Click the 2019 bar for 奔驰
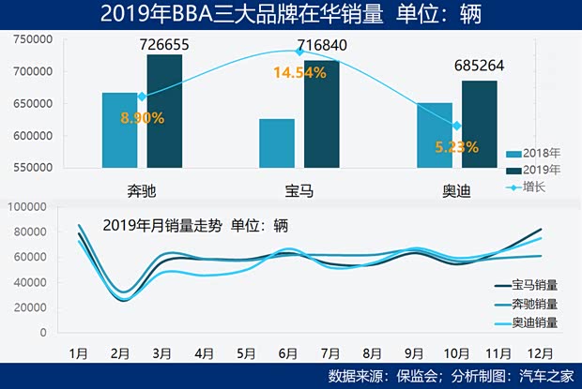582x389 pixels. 164,112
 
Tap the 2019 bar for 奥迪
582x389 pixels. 479,125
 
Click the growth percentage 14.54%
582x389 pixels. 299,72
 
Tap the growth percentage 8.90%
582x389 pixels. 143,118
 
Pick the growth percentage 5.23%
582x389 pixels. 456,146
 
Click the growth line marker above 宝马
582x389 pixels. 299,52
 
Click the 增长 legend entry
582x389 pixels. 532,187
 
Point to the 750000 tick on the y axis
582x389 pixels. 32,39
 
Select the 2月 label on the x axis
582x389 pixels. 119,354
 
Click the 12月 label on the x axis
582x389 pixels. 540,354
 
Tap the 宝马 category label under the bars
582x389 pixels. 299,191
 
